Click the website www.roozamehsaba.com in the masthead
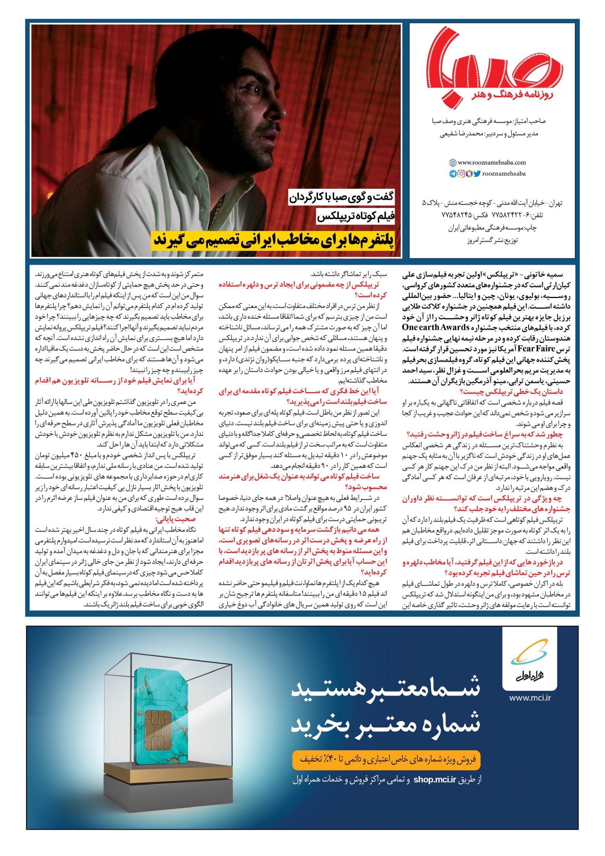[491, 162]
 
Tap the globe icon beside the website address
[453, 163]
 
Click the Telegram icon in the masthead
[453, 174]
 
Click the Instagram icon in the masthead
[461, 174]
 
